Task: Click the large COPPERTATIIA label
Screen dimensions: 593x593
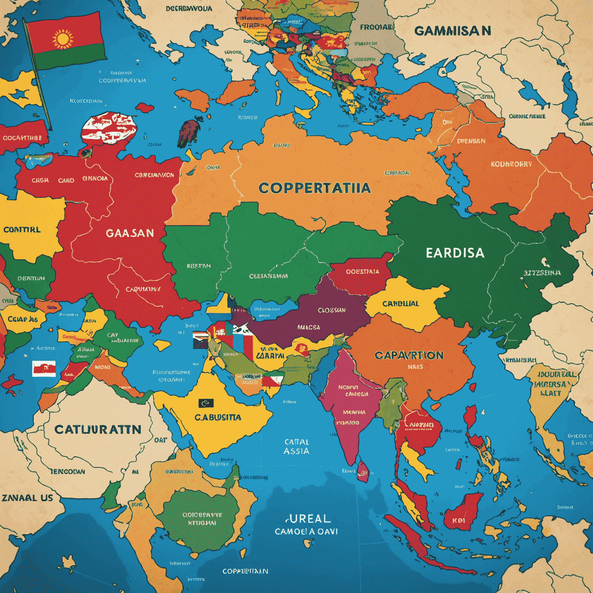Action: coord(315,188)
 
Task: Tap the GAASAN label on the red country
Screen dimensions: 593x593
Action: coord(130,233)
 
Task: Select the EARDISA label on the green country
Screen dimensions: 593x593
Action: coord(455,253)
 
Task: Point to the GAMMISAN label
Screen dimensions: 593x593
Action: coord(452,31)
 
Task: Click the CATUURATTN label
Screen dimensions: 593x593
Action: coord(98,430)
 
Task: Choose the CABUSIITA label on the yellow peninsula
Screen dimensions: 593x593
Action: coord(218,418)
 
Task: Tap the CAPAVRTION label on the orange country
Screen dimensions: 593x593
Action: coord(409,355)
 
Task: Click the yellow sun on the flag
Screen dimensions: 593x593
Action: coord(63,40)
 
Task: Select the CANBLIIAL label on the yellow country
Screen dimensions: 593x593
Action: coord(400,304)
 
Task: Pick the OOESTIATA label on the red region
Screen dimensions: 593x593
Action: coord(362,272)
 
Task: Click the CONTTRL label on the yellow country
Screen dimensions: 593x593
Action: coord(22,230)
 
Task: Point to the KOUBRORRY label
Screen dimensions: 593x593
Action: coord(511,164)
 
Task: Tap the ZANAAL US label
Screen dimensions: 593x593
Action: coord(27,498)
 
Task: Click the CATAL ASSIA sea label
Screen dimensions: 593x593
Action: coord(296,446)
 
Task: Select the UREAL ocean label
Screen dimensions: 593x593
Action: coord(308,518)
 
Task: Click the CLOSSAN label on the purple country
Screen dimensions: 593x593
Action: coord(331,310)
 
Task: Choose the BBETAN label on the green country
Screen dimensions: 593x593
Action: coord(198,266)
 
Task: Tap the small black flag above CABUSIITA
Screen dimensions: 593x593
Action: coord(206,403)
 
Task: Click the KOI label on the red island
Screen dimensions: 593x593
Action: coord(459,520)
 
